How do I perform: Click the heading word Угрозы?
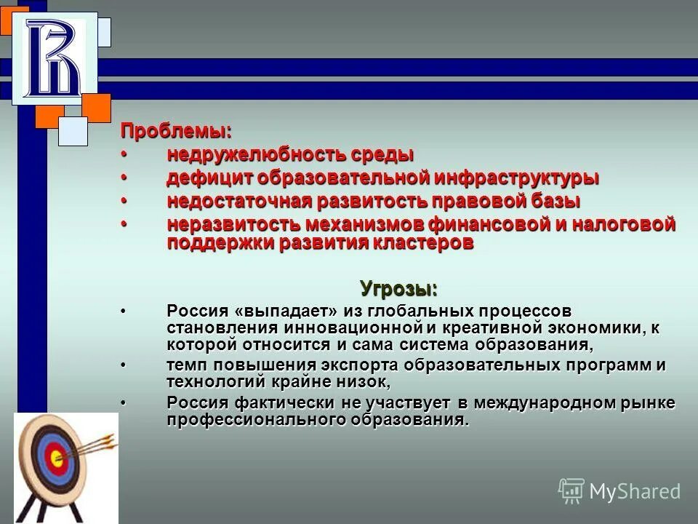tap(399, 287)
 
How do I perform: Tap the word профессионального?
tap(254, 420)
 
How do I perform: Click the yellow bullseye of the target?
tap(55, 458)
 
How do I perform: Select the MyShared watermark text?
tap(634, 491)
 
